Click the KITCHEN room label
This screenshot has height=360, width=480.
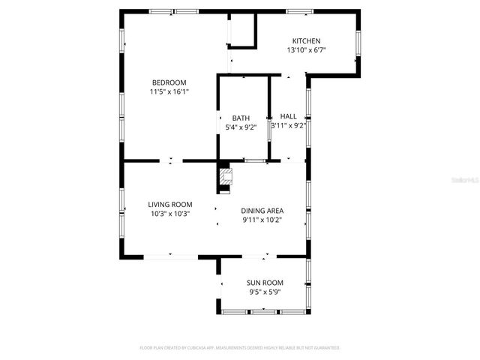pos(306,40)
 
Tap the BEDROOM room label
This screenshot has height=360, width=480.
pos(169,82)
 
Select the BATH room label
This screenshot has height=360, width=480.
pos(241,118)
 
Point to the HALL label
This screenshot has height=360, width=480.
pos(288,116)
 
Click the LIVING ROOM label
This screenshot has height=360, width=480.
pos(169,204)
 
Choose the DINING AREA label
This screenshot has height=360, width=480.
pos(262,211)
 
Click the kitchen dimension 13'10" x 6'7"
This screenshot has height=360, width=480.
pos(306,50)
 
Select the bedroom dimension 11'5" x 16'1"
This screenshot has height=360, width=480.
pos(169,91)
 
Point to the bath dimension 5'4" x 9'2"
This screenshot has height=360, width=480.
pos(241,127)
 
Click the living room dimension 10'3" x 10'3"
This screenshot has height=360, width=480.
pos(169,214)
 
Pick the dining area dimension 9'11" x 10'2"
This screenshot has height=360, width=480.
pos(262,220)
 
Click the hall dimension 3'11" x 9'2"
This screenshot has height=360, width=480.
pos(288,126)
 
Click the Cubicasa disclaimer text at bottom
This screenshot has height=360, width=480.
pos(240,348)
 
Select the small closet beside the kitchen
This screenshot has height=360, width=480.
pos(242,31)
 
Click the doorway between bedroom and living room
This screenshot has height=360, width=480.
pos(172,160)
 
